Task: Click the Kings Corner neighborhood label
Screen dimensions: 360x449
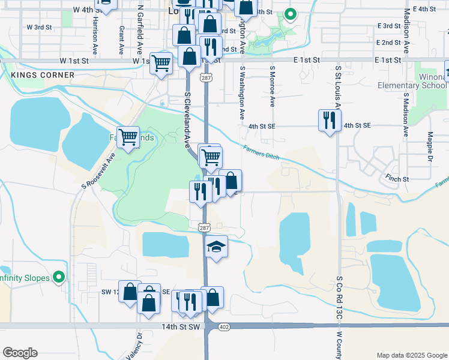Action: point(43,75)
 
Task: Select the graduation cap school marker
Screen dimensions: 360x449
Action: point(216,247)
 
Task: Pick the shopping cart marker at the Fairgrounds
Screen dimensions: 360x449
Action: point(128,137)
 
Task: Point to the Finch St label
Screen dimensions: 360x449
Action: point(397,179)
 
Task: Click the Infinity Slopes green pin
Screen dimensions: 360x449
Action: point(59,277)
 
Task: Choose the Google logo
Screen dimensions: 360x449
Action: point(20,353)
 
